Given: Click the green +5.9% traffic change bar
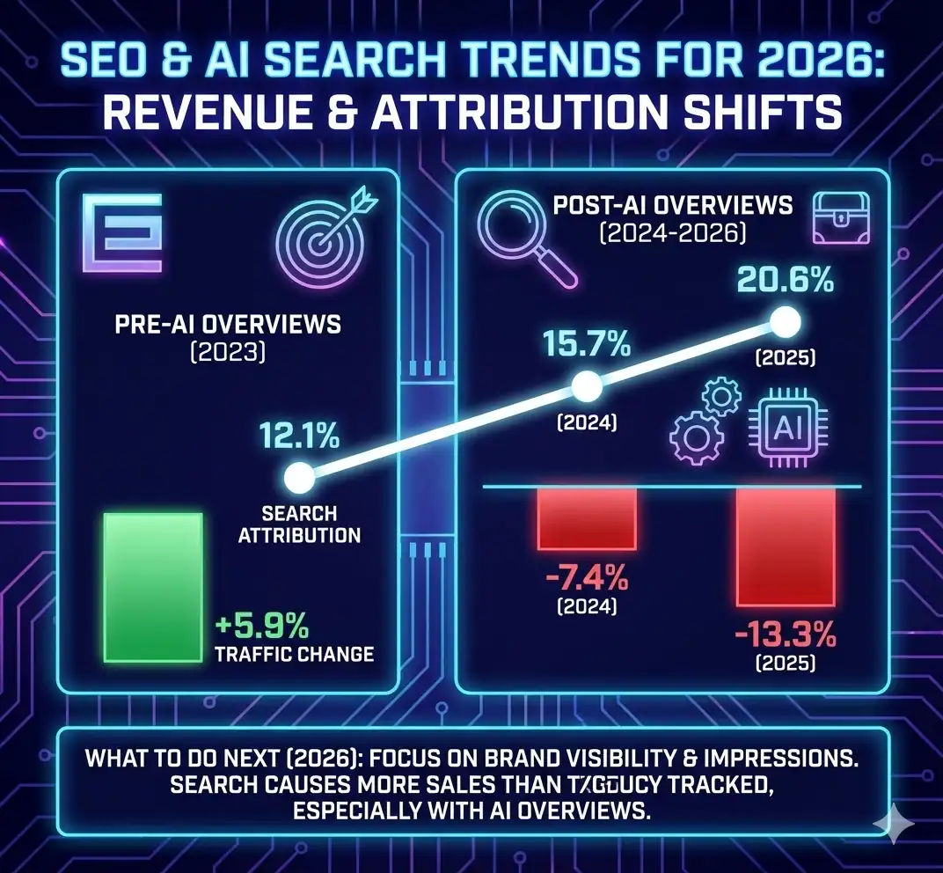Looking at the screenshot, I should point(154,586).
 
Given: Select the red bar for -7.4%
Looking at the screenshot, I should point(587,518).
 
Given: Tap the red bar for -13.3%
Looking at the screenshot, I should point(786,546).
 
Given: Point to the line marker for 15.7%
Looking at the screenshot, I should point(587,385).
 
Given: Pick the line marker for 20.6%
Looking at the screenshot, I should point(786,322).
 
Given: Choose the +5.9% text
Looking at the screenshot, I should point(261,627).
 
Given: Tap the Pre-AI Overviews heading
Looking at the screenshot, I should point(228,324).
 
